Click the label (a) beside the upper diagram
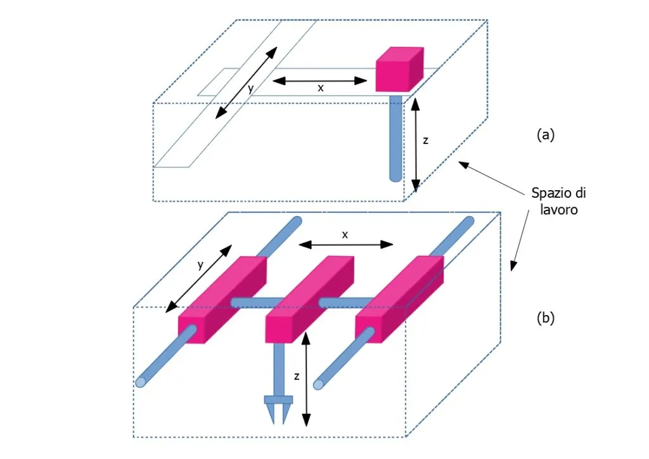(x=545, y=134)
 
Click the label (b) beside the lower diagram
(x=545, y=318)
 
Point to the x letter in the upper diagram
(x=320, y=89)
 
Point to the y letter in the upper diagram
(x=250, y=89)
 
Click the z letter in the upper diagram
(x=425, y=141)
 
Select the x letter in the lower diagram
(x=345, y=234)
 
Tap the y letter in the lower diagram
(x=200, y=266)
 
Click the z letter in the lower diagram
(x=297, y=376)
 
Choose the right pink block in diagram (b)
(x=399, y=297)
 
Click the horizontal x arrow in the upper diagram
(x=320, y=81)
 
